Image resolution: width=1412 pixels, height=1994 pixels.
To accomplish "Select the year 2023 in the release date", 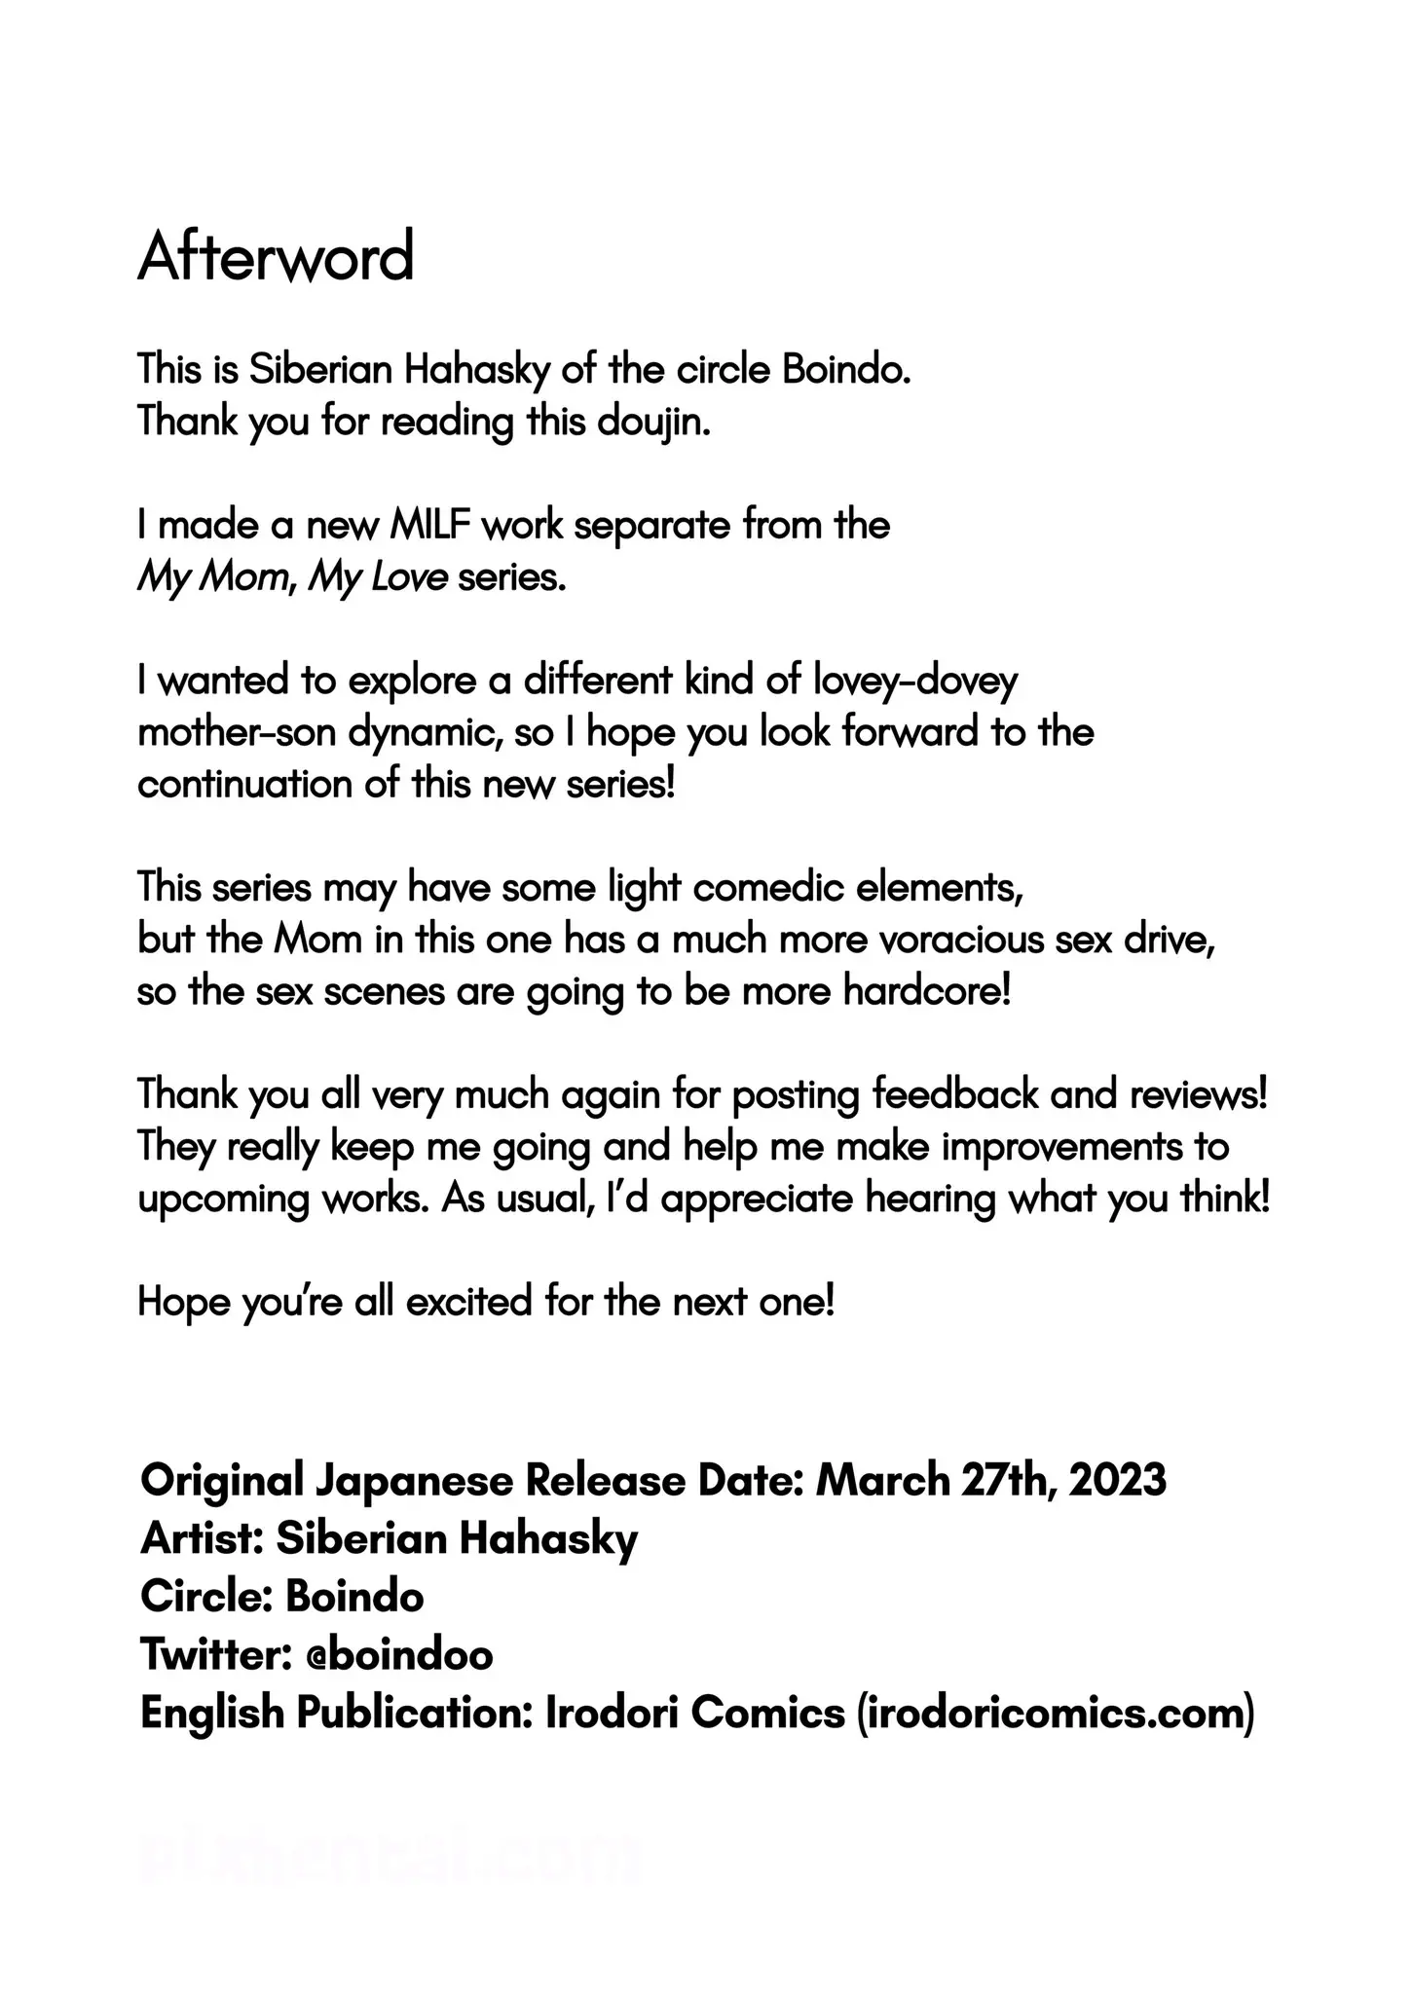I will [1117, 1481].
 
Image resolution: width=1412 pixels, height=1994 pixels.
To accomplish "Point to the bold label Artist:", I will [202, 1539].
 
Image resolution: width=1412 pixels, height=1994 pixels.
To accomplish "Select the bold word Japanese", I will [414, 1481].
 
